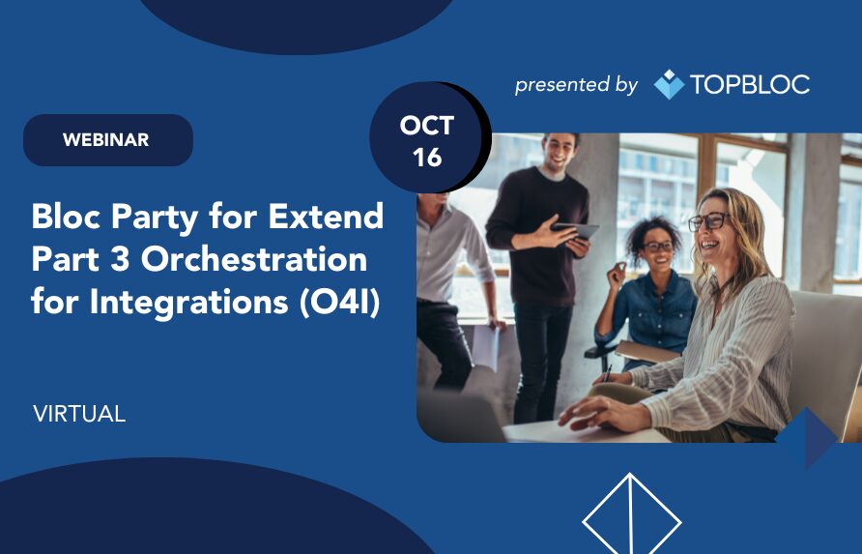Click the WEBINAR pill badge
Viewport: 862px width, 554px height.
tap(108, 140)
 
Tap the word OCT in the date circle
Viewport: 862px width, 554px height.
tap(426, 126)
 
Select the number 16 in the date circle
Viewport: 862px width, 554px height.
tap(427, 158)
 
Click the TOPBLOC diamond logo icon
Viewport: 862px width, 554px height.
tap(669, 84)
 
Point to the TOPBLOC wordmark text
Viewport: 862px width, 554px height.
tap(750, 84)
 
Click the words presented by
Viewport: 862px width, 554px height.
tap(576, 85)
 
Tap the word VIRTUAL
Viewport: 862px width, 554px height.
tap(79, 414)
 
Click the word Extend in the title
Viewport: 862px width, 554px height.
tap(326, 216)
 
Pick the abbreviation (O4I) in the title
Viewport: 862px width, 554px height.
tap(340, 302)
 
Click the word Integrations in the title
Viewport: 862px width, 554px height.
tap(188, 303)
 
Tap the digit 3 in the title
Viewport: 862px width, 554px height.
tap(119, 259)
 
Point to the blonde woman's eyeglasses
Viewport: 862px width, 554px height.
tap(708, 221)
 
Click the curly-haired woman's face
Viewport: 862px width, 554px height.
tap(657, 248)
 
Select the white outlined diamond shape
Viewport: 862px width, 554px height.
tap(632, 513)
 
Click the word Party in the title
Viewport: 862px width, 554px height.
tap(155, 218)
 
